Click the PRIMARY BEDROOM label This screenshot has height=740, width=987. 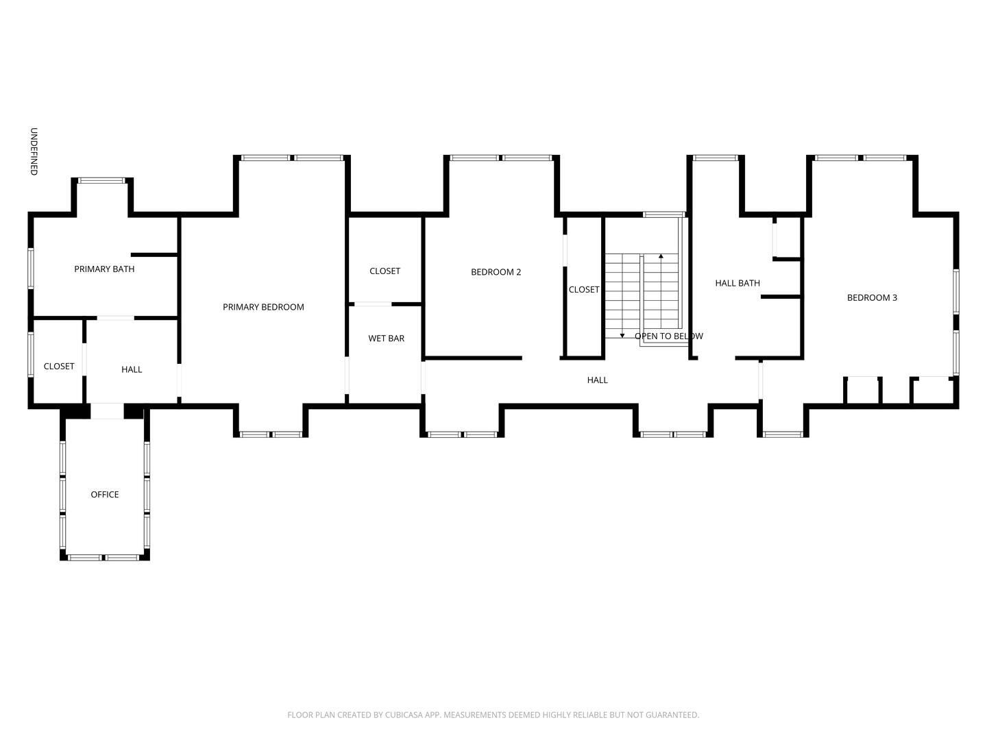click(x=263, y=307)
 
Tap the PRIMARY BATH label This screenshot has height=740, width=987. click(x=104, y=269)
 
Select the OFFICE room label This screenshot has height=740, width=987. click(x=105, y=495)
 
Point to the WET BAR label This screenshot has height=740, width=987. click(x=386, y=338)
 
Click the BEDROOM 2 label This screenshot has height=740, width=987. click(x=496, y=272)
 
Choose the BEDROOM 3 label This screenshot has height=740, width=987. click(x=872, y=297)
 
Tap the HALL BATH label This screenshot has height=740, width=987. click(x=737, y=283)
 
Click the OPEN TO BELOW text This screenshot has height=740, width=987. click(x=668, y=336)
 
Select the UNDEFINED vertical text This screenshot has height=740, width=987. click(x=34, y=151)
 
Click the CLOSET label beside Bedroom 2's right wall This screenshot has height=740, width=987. click(x=583, y=290)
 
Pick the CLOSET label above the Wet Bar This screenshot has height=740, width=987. click(x=385, y=271)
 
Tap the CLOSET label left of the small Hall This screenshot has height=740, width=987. click(x=59, y=367)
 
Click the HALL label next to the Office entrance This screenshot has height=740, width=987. click(x=132, y=370)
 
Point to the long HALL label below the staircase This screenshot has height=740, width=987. click(x=597, y=380)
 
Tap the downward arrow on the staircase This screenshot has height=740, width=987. click(x=622, y=335)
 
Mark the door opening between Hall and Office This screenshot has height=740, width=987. click(x=107, y=411)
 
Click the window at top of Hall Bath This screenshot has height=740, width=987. click(x=715, y=158)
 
